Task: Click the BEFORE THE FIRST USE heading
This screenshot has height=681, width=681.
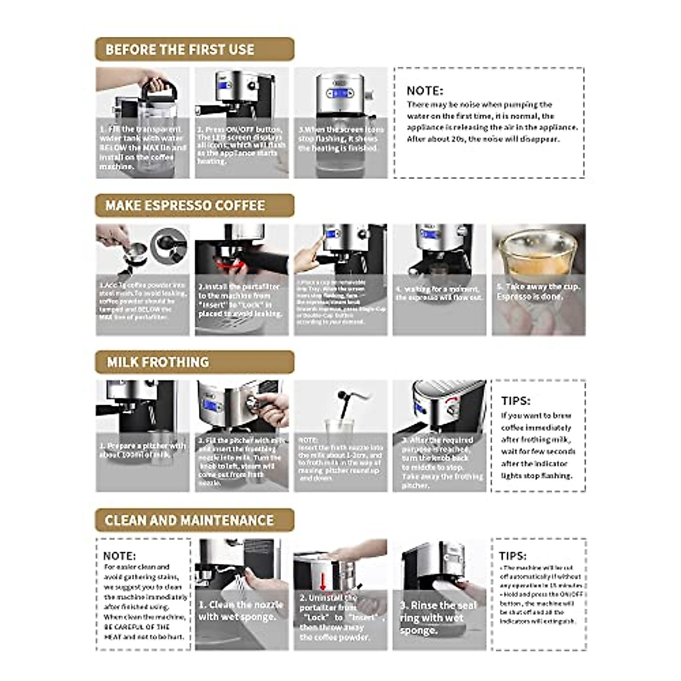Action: pyautogui.click(x=180, y=49)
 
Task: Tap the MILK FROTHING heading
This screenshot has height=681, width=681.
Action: pyautogui.click(x=158, y=362)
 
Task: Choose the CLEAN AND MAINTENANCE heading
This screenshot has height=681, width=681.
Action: pyautogui.click(x=189, y=520)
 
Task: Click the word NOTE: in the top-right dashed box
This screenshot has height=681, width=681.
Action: pyautogui.click(x=424, y=91)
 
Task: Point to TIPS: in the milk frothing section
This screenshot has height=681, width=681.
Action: pyautogui.click(x=515, y=401)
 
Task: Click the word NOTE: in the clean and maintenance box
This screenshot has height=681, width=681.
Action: pyautogui.click(x=119, y=556)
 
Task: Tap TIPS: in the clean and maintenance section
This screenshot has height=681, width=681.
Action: pyautogui.click(x=512, y=556)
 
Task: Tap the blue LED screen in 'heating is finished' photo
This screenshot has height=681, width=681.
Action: pyautogui.click(x=340, y=92)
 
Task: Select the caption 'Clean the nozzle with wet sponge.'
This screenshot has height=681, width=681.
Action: pyautogui.click(x=240, y=611)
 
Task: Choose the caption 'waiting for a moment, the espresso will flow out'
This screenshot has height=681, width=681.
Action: pyautogui.click(x=439, y=293)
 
